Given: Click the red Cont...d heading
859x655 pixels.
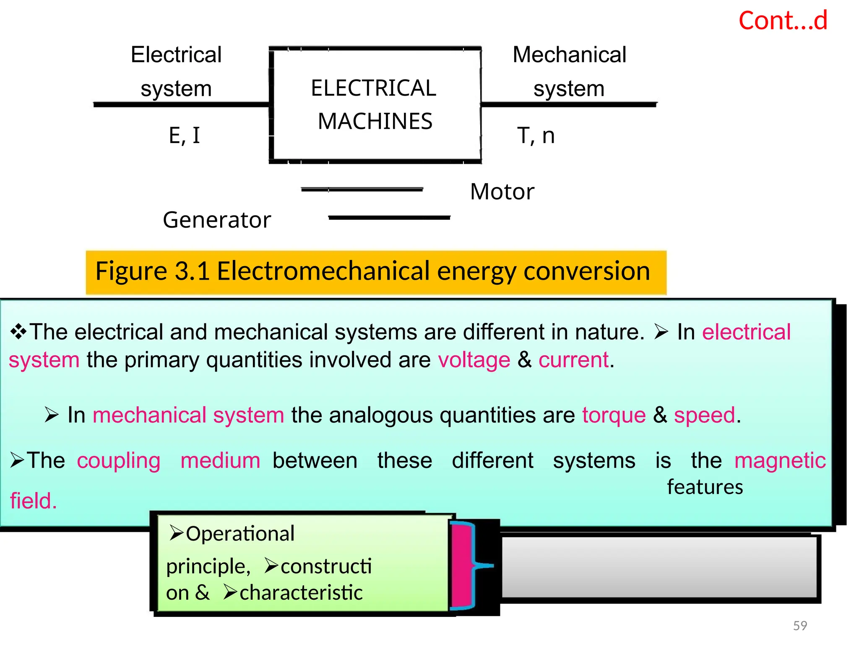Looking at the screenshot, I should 783,21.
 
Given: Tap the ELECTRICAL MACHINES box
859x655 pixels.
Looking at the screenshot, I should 375,105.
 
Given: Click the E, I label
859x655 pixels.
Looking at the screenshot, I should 185,135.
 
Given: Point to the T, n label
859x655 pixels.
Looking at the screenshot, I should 536,135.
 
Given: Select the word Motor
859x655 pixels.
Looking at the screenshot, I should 502,192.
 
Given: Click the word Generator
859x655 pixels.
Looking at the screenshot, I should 217,220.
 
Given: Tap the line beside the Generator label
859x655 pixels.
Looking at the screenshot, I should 389,218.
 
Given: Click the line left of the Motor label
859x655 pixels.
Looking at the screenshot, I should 362,190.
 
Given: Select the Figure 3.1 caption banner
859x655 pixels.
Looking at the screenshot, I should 375,272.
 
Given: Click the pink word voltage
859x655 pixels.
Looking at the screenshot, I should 474,360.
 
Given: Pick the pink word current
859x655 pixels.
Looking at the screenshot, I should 573,360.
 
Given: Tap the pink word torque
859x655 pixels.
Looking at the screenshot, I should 614,415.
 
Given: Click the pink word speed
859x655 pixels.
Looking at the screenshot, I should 704,415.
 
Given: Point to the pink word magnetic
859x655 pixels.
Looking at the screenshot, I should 780,460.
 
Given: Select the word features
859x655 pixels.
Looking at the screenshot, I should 705,487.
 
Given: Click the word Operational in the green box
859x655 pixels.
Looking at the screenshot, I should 240,534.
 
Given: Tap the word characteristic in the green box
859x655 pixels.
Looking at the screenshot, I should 301,593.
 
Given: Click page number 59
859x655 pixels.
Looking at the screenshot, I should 800,626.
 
